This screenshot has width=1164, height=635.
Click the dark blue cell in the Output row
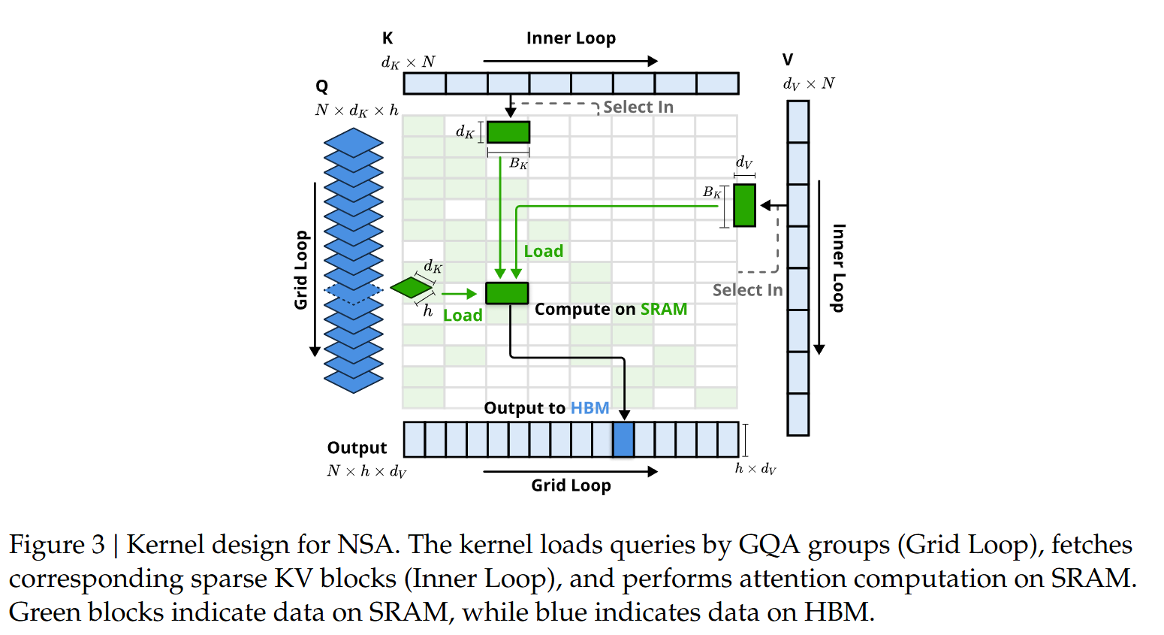[x=623, y=440]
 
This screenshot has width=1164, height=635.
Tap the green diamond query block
[x=412, y=287]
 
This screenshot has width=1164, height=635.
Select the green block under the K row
[x=508, y=132]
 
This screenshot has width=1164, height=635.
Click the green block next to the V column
[x=744, y=205]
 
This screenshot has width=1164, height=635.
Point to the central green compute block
[x=507, y=293]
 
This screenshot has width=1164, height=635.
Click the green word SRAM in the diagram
[x=664, y=310]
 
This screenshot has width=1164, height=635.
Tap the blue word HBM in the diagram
[x=590, y=408]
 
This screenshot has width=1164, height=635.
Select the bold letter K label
[x=387, y=38]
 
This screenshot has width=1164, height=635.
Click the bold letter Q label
[x=322, y=86]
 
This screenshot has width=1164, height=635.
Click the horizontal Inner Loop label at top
[x=571, y=38]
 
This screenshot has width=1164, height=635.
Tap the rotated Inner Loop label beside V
[x=839, y=268]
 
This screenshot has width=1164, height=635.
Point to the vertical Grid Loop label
[x=301, y=270]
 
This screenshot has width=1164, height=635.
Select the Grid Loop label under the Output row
[x=571, y=485]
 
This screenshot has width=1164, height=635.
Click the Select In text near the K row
[x=638, y=107]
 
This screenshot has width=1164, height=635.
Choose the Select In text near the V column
[x=747, y=290]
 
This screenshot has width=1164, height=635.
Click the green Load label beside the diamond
[x=463, y=316]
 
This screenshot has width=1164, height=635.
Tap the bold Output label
[x=357, y=448]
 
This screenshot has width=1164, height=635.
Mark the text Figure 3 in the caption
[x=57, y=544]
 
